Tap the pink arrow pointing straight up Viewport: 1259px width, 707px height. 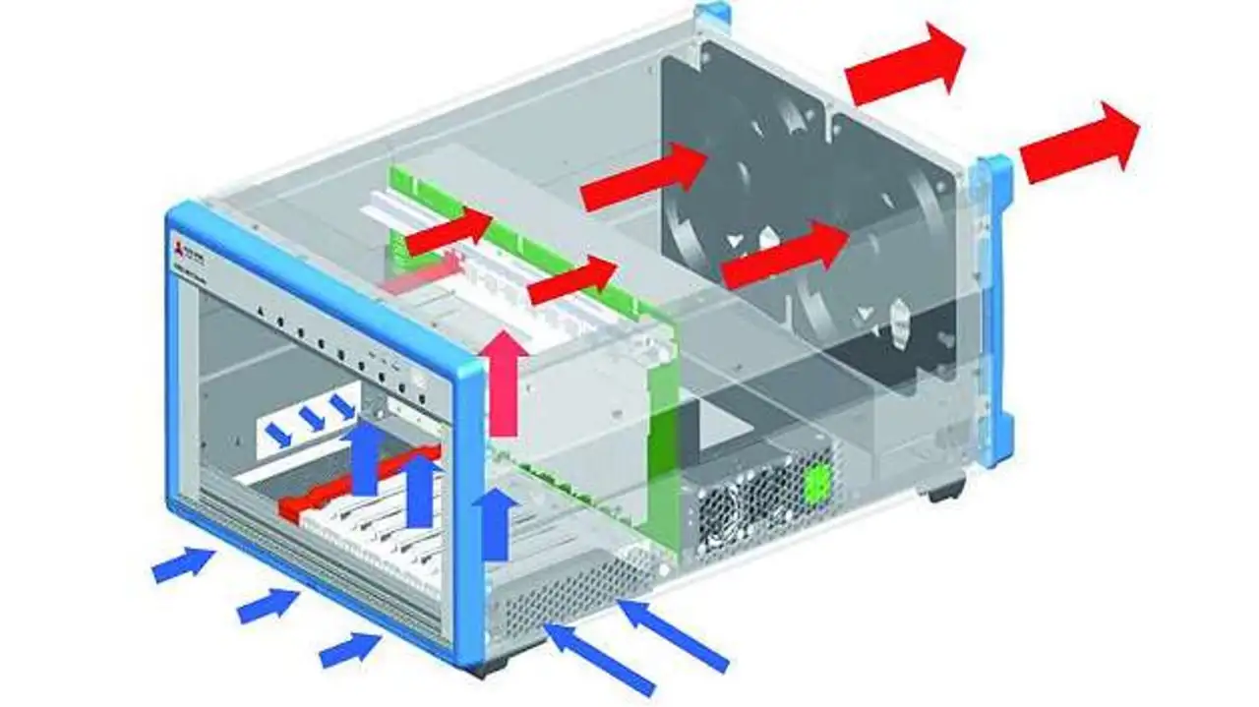tap(504, 383)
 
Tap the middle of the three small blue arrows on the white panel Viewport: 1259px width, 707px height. tap(312, 419)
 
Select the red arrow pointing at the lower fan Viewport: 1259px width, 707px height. tap(784, 255)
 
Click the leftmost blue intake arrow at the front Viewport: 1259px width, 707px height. tap(183, 565)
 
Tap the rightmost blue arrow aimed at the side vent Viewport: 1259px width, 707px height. tap(673, 635)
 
